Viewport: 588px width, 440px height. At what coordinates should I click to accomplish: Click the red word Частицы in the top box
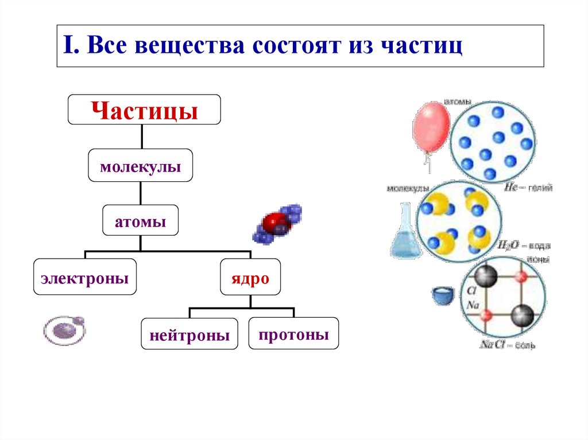[144, 110]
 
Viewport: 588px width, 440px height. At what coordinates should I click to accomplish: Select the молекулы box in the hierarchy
[140, 168]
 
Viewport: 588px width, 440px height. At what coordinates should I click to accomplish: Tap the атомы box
[140, 221]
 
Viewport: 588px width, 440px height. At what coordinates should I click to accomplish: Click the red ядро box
[251, 278]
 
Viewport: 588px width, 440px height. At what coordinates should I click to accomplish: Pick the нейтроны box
[189, 335]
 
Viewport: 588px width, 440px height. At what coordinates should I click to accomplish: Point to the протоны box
[293, 334]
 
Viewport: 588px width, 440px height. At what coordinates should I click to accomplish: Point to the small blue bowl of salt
[443, 296]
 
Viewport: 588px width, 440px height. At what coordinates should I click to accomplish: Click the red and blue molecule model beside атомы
[278, 224]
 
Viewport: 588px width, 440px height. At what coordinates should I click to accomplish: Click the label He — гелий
[528, 187]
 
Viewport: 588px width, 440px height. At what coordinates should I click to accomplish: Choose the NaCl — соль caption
[508, 345]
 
